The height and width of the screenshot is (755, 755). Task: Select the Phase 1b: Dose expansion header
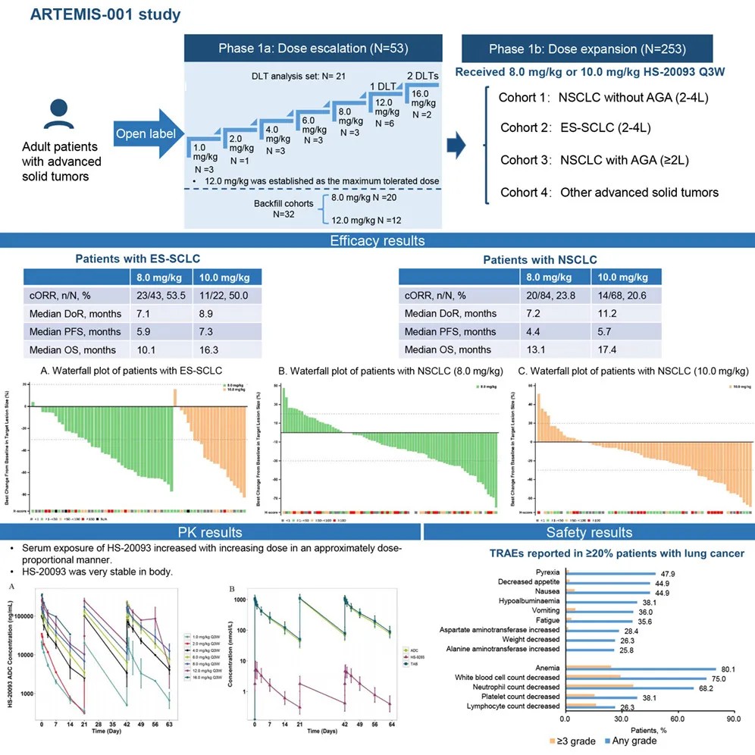587,49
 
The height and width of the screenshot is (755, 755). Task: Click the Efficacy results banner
377,242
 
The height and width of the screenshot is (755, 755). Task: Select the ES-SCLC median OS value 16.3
208,349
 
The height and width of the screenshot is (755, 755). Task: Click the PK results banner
210,533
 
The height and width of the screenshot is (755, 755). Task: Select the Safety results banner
588,533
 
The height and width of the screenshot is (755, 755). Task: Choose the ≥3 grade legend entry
577,741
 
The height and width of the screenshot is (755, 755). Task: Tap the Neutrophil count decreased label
507,688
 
